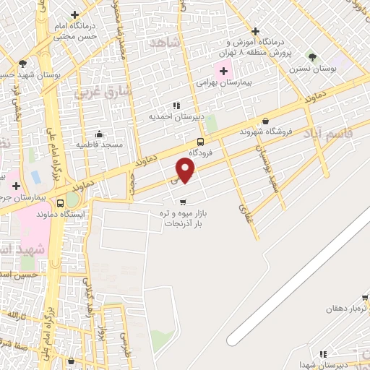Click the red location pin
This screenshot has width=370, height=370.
(x=186, y=171)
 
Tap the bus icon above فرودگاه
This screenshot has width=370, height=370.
(x=200, y=142)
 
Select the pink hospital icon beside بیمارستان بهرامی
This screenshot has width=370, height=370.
(x=223, y=71)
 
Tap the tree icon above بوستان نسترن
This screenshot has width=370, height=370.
(x=312, y=56)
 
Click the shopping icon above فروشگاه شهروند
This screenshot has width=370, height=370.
(x=266, y=121)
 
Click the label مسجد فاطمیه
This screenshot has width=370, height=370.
(x=99, y=145)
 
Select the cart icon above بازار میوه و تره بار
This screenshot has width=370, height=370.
(x=183, y=202)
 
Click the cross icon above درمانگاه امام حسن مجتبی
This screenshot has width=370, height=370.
(x=75, y=14)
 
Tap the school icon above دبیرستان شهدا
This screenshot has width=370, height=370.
(x=323, y=354)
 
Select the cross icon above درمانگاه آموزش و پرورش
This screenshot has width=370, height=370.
(x=255, y=31)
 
